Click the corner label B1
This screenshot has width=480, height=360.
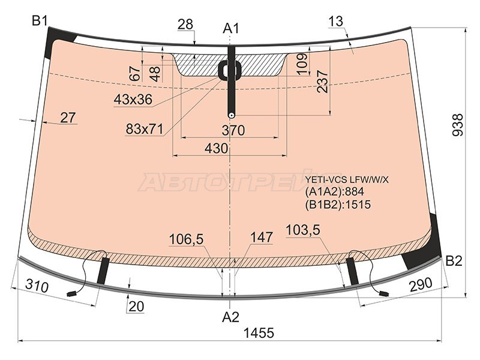tap(40, 21)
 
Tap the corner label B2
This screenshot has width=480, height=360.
tap(454, 261)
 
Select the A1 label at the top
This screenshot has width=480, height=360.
tap(231, 28)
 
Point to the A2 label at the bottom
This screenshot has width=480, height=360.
tap(231, 317)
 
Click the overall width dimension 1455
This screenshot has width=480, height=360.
tap(259, 333)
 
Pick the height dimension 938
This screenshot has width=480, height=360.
tap(458, 125)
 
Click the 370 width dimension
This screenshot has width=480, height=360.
tap(233, 130)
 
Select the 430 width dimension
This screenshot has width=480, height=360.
tap(217, 148)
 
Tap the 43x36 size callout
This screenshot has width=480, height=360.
tap(133, 99)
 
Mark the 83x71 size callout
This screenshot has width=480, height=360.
tap(144, 129)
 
